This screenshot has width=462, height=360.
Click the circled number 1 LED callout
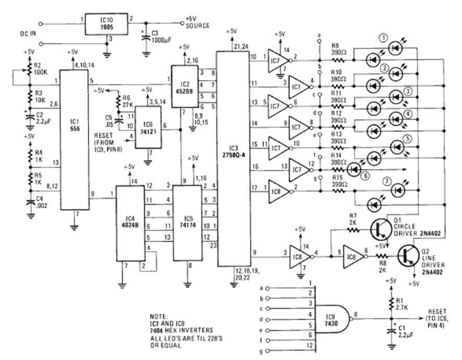383,38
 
